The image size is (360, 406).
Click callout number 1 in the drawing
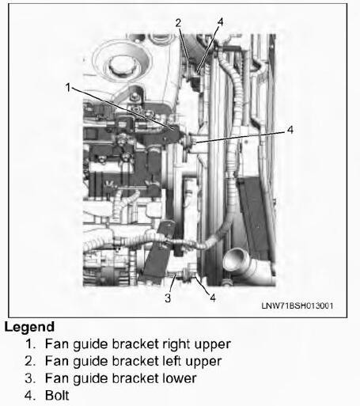[x=68, y=87]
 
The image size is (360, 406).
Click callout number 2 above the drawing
[x=178, y=23]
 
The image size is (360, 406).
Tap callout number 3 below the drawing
[x=168, y=298]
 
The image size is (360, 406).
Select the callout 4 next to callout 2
[x=221, y=22]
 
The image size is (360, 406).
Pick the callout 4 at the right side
[x=290, y=130]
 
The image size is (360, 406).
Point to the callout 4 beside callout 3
[x=213, y=298]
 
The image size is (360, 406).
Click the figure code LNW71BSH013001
[x=297, y=305]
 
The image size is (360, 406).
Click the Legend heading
[x=29, y=327]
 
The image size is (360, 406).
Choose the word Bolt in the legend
[x=57, y=395]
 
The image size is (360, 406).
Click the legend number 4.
[x=30, y=395]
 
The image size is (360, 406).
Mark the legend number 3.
[x=30, y=378]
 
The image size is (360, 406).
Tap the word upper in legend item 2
[x=203, y=362]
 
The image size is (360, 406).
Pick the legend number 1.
[x=30, y=344]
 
